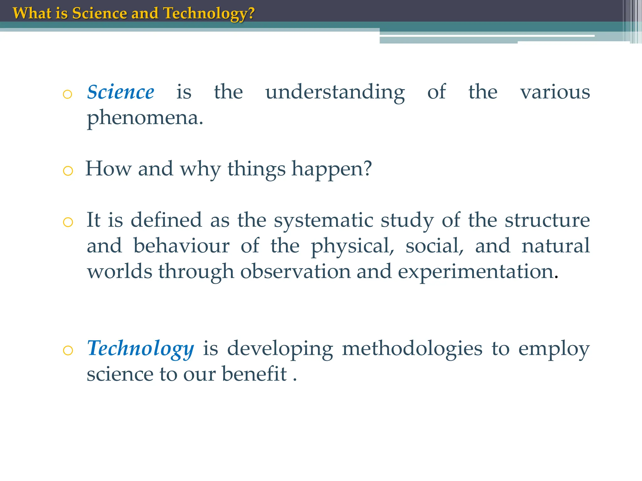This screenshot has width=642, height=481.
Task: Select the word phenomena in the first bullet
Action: coord(145,118)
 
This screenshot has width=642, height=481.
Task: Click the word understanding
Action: coord(335,93)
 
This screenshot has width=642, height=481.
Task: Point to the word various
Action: coord(555,92)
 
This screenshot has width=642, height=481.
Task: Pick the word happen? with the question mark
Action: coord(332,169)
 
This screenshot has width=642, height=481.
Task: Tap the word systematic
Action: coord(324,220)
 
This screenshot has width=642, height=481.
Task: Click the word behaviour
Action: coord(182,246)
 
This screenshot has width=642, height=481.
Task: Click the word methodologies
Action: coord(412,349)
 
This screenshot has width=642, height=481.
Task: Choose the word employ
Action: coord(554,349)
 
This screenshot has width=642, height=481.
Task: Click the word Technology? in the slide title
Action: coord(209,14)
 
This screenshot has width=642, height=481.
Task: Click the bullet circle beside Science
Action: coord(67,94)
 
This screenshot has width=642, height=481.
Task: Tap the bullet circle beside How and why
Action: coord(68,171)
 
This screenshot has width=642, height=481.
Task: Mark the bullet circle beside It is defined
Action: coord(68,222)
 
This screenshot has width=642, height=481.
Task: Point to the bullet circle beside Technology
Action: coord(68,350)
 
